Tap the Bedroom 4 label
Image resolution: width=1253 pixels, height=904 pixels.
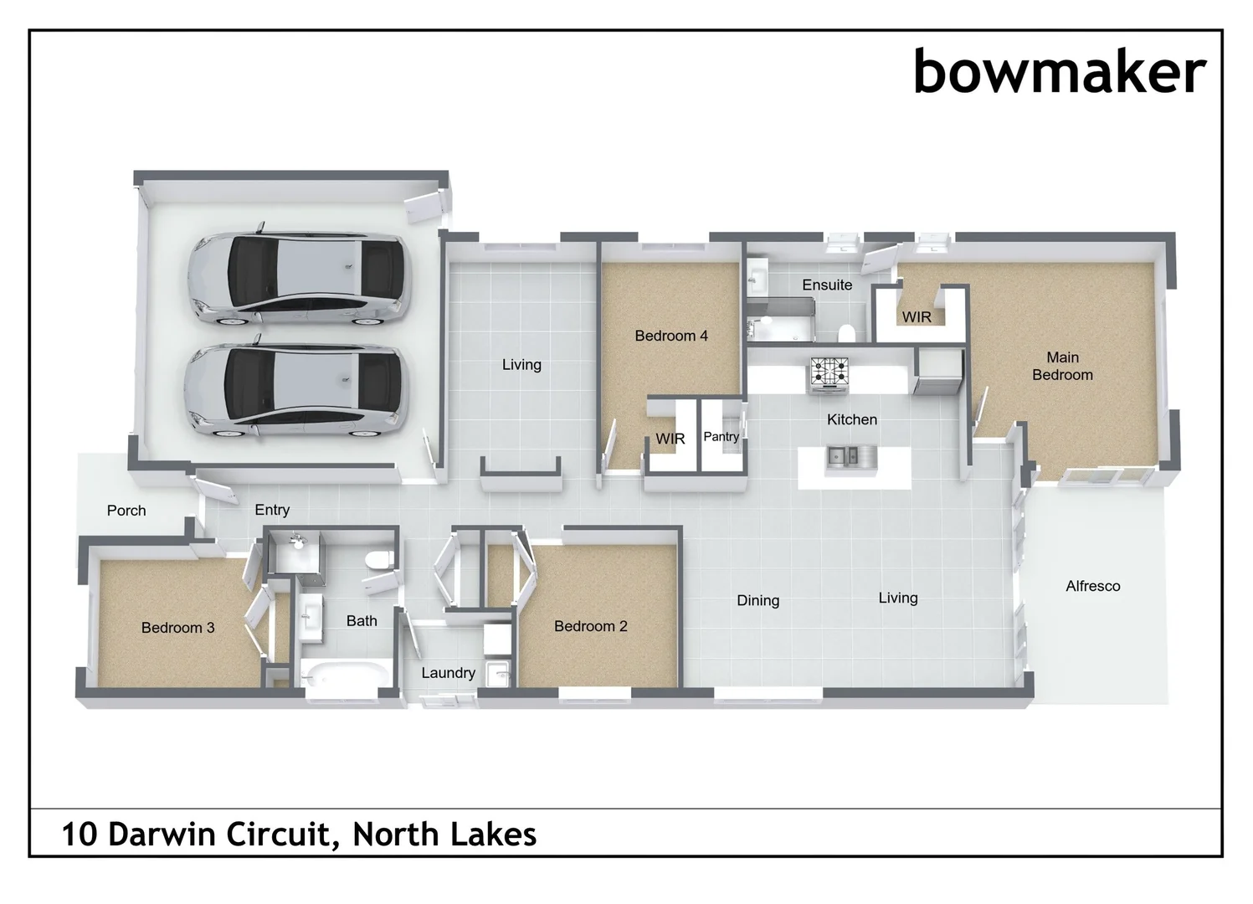coord(670,336)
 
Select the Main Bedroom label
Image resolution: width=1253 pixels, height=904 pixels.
coord(1062,367)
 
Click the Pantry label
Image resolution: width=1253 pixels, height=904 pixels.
coord(721,436)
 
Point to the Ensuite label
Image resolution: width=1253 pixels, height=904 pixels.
coord(826,285)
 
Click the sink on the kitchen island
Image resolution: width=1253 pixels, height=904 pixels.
coord(842,456)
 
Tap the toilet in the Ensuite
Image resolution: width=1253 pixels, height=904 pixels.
coord(846,332)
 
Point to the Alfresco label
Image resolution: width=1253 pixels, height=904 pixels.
coord(1092,586)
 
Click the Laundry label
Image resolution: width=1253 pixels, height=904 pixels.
coord(448,672)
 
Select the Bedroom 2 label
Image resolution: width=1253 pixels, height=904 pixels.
coord(590,626)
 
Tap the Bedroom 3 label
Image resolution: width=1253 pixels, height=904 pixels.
coord(177,627)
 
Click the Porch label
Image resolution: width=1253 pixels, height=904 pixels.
coord(126,511)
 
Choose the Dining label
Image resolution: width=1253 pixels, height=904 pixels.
coord(757,600)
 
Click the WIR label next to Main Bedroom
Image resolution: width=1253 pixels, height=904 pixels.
coord(917,317)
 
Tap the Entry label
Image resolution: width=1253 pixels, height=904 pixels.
coord(272,510)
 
